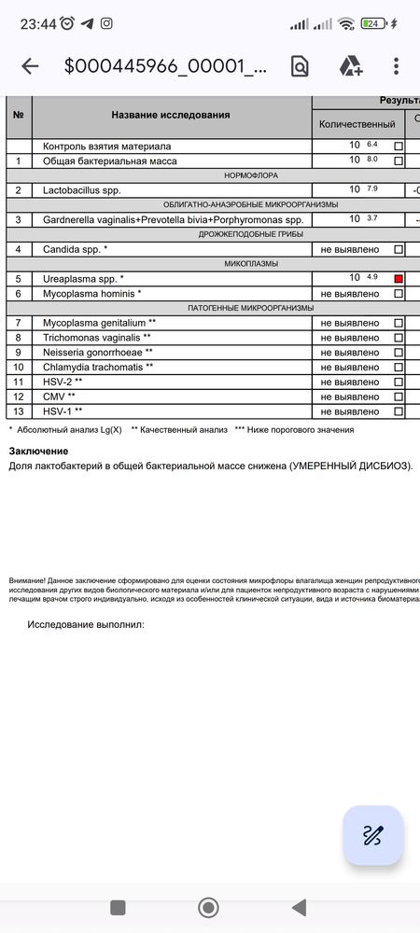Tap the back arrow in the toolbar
[30, 65]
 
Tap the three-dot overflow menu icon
[397, 65]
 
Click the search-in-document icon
[300, 65]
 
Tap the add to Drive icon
[350, 65]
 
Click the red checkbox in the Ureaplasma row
[399, 279]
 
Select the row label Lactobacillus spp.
[82, 190]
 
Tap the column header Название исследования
[170, 116]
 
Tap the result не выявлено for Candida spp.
[350, 249]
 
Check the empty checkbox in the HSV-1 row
[399, 411]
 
